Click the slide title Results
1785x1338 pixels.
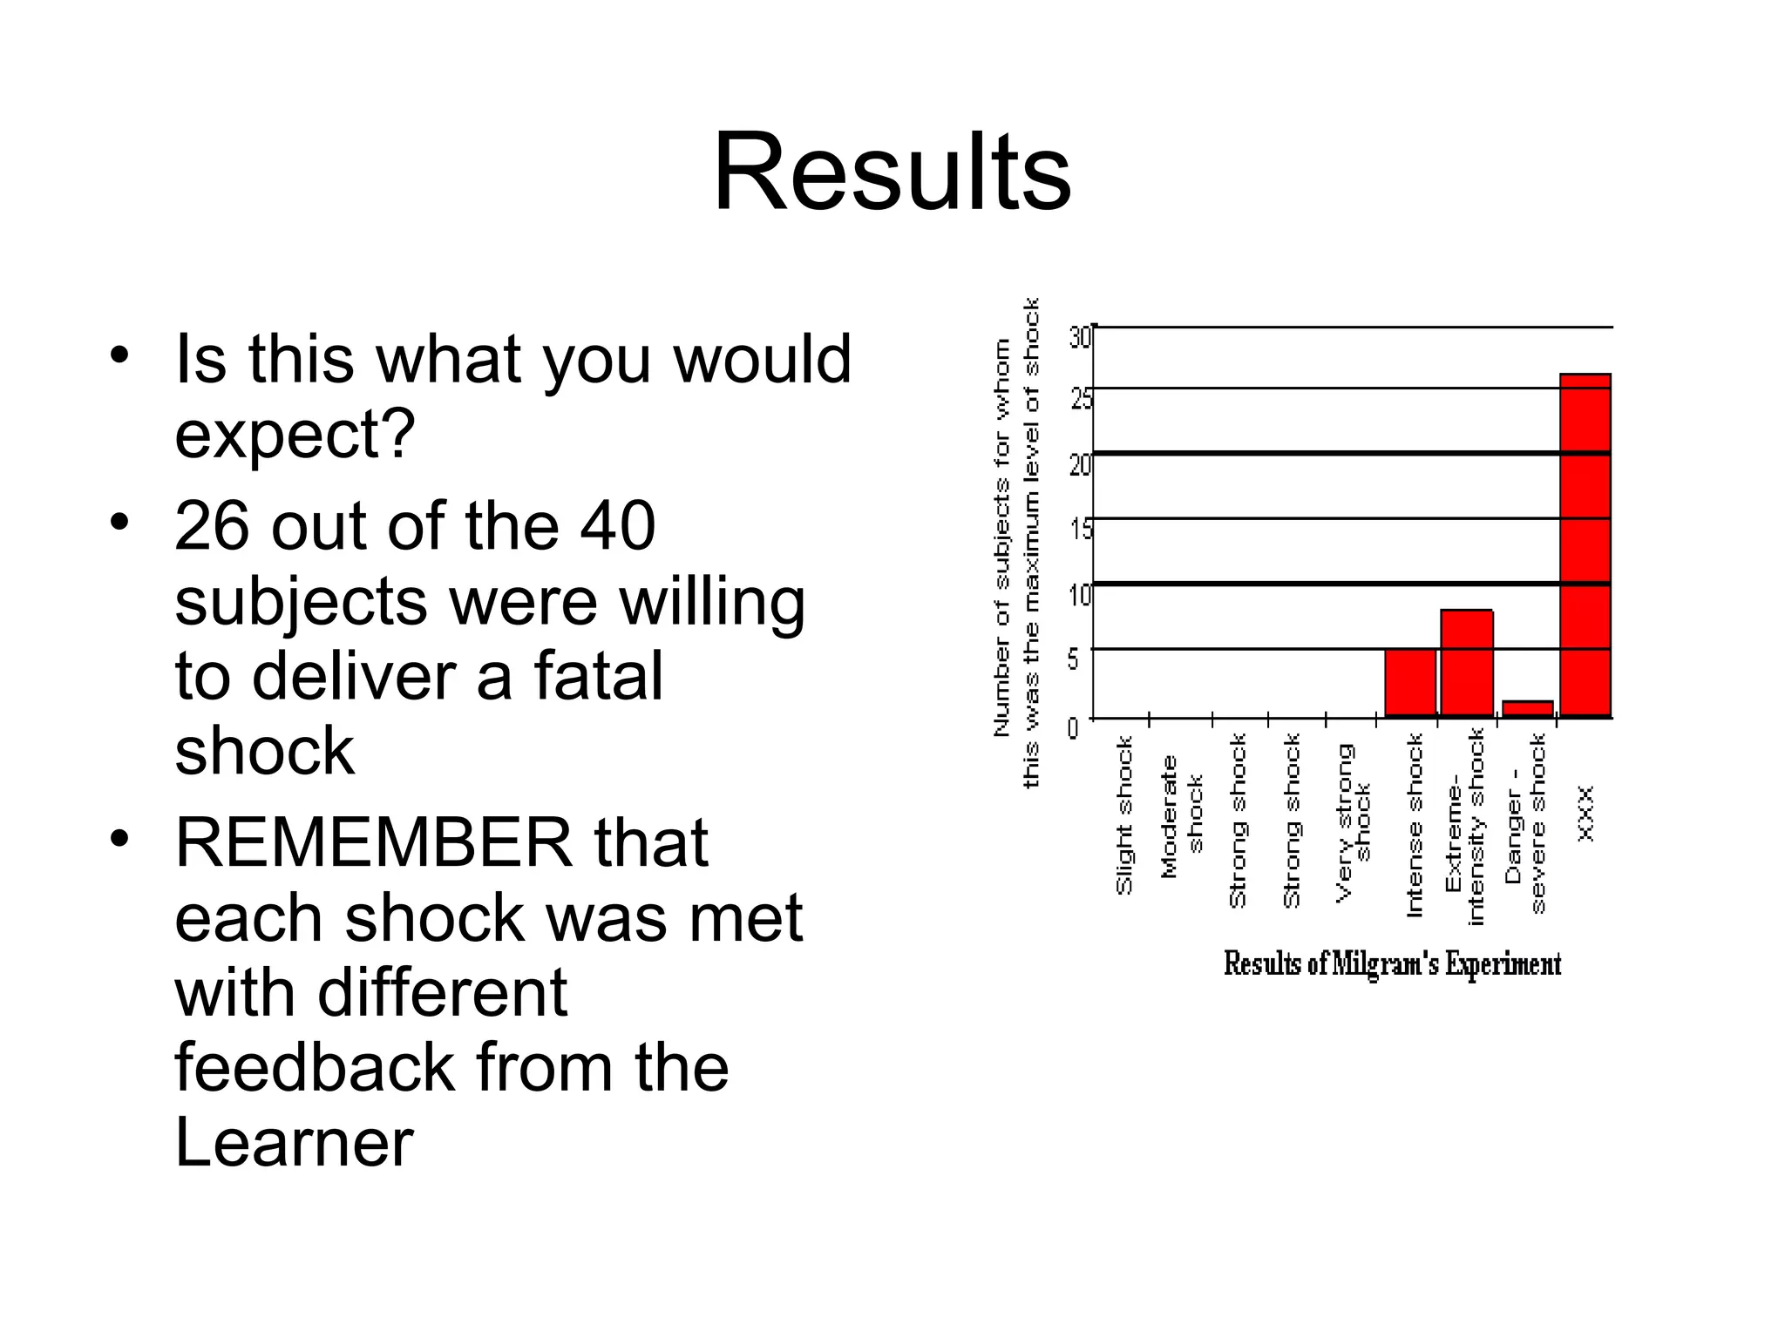pos(892,172)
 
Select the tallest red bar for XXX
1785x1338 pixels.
pos(1585,544)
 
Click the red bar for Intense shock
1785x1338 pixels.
pos(1410,682)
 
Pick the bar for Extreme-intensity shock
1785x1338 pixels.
pos(1467,663)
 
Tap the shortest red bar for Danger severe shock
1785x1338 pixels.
pos(1527,708)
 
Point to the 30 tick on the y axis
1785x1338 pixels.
pos(1080,336)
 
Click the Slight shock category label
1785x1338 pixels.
pos(1124,815)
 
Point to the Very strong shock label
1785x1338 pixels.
pos(1353,821)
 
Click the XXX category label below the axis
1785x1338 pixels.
pos(1586,814)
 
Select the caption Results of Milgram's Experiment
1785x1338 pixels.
pos(1392,963)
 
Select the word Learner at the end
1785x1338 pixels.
pos(294,1143)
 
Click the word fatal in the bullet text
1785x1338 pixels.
pos(598,676)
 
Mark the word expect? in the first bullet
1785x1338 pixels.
pos(295,434)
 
